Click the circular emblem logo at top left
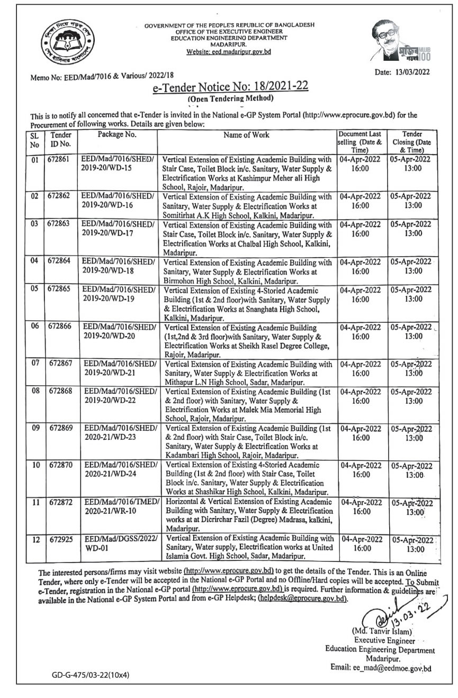coord(62,42)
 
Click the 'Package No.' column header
coord(117,134)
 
